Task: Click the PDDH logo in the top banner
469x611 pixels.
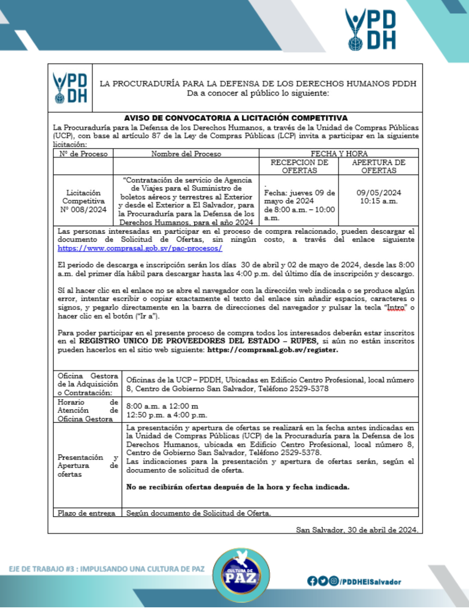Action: tap(370, 30)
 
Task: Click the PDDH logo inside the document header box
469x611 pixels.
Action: tap(70, 88)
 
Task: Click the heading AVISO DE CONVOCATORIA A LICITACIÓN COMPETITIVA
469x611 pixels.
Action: tap(235, 118)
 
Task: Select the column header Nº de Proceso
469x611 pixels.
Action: tap(83, 154)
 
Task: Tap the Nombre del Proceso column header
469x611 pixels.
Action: tap(186, 154)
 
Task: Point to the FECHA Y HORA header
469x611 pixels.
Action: tap(339, 154)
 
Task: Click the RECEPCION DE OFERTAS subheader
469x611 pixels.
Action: tap(299, 167)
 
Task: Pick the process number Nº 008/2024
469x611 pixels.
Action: tap(83, 210)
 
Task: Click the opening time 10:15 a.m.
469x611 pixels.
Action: tap(378, 201)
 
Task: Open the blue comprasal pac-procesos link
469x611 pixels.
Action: tap(140, 248)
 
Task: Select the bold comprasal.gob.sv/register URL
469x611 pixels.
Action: tap(272, 350)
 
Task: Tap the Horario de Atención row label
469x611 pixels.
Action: tap(88, 410)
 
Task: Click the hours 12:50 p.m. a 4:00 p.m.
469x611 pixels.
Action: tap(167, 415)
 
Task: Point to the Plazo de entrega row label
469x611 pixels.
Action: tap(86, 513)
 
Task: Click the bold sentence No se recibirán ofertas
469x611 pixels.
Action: tap(237, 487)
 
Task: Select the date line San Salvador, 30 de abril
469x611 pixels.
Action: tap(357, 530)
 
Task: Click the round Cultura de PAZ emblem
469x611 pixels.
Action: tap(241, 576)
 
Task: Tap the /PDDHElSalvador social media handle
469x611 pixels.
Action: tap(370, 582)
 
